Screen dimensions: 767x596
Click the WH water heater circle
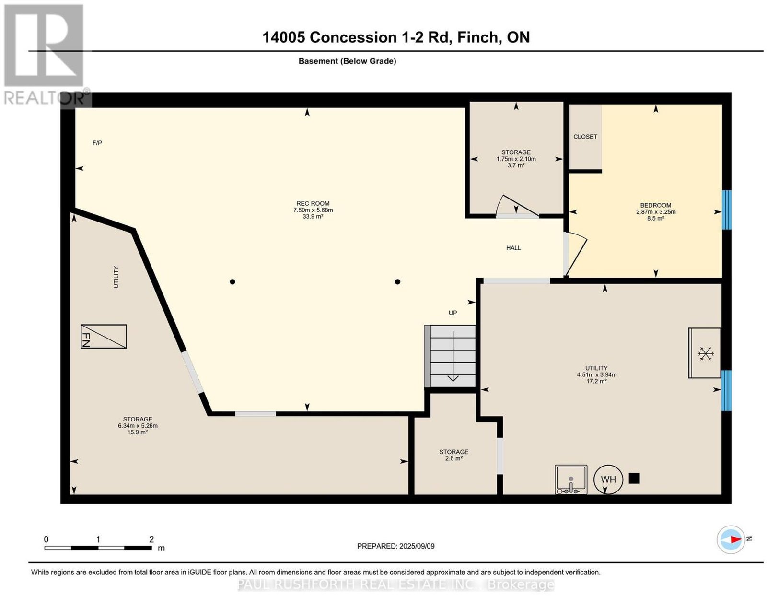[x=608, y=479]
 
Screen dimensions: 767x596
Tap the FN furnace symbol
[x=104, y=336]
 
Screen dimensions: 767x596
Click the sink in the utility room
[x=571, y=479]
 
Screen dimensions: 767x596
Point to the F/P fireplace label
[x=97, y=143]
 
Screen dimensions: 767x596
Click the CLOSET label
[x=585, y=137]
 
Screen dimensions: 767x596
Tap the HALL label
[x=513, y=248]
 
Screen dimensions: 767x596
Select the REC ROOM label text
[x=313, y=203]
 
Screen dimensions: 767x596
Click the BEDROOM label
[x=656, y=205]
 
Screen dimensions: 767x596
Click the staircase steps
[x=450, y=356]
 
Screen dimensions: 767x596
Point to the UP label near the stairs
[x=453, y=313]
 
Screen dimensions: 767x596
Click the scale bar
[x=98, y=548]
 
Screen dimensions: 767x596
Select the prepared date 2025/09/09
[x=417, y=546]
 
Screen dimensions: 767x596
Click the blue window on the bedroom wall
[x=726, y=210]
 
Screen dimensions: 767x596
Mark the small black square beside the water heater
[x=634, y=478]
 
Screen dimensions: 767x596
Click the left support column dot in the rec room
[x=232, y=281]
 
